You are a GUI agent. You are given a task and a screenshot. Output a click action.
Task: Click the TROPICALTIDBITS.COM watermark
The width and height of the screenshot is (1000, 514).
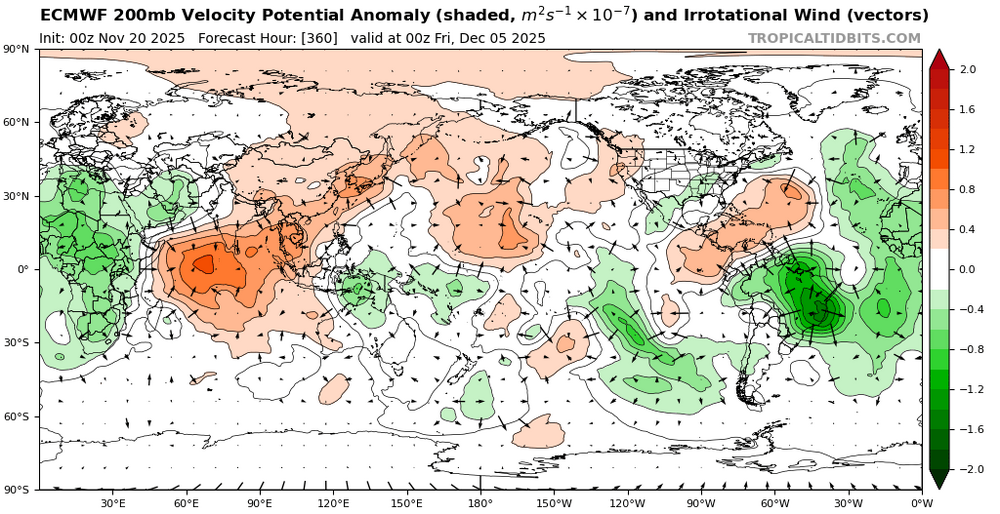click(834, 38)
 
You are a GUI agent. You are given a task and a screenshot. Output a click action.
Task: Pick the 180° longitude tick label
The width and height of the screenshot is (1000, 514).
click(480, 503)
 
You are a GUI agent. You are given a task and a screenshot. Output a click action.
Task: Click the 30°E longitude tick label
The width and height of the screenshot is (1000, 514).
click(112, 503)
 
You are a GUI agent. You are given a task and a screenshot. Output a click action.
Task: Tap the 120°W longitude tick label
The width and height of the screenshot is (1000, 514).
click(627, 503)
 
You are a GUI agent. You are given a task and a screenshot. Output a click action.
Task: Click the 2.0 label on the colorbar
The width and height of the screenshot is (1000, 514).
click(967, 69)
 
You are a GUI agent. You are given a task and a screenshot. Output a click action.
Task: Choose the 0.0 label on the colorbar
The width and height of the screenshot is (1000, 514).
click(967, 269)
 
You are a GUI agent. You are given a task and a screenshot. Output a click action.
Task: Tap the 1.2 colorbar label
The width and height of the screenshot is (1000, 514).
click(967, 149)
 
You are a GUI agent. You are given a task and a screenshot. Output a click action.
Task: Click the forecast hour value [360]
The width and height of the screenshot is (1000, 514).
click(316, 38)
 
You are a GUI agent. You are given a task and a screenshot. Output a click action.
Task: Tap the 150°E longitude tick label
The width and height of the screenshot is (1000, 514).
click(406, 503)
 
